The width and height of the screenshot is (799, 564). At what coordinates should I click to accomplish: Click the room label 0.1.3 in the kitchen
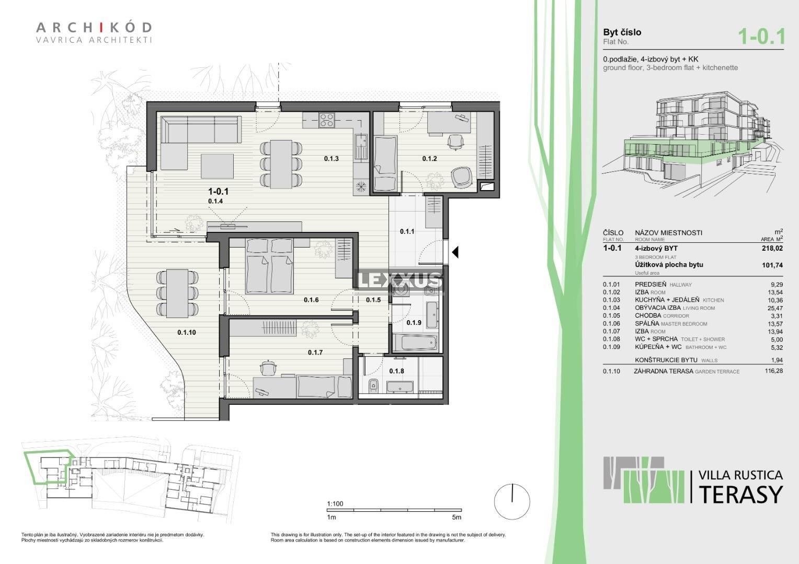coord(331,159)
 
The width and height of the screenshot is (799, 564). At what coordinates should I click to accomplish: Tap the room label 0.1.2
coord(429,159)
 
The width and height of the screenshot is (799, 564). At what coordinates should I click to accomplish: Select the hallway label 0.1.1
coord(407,231)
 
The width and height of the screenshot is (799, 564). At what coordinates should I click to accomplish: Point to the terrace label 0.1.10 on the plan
coord(187,333)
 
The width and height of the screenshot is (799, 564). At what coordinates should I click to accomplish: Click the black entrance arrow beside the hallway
coord(455,252)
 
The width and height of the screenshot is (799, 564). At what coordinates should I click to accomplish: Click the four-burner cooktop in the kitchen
coord(327,120)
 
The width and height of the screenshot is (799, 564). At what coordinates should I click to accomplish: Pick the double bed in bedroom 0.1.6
coord(269,266)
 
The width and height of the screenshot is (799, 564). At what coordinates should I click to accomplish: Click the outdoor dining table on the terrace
coord(177,293)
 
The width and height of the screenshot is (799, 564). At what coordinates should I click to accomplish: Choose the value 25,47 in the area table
coord(775,308)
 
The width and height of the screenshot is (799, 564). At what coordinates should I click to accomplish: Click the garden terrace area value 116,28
coord(774,371)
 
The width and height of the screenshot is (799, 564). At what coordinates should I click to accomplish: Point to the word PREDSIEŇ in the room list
coord(650,284)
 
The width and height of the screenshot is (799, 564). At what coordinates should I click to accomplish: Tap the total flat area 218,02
coord(772,249)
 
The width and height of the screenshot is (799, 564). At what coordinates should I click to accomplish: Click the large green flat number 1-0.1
coord(761,37)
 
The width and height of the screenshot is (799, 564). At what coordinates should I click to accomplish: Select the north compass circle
coord(512,501)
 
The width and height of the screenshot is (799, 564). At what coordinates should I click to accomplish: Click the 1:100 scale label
coord(335,504)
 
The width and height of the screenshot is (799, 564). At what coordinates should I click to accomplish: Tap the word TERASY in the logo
coord(741,494)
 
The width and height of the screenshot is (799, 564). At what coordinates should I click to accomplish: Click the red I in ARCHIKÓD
coord(101,27)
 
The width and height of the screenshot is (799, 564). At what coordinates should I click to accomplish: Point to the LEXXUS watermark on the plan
coord(399,281)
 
